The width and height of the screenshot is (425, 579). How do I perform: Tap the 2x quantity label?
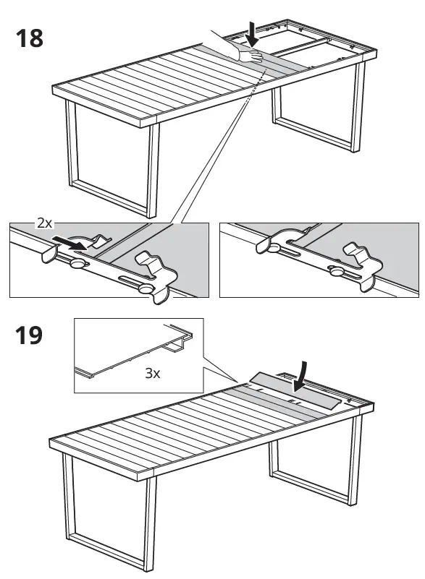coord(44,223)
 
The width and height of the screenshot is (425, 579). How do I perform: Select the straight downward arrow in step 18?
coord(251,33)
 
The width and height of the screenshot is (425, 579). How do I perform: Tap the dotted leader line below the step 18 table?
coord(217,159)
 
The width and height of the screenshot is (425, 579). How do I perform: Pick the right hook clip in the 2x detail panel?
coord(155,263)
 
